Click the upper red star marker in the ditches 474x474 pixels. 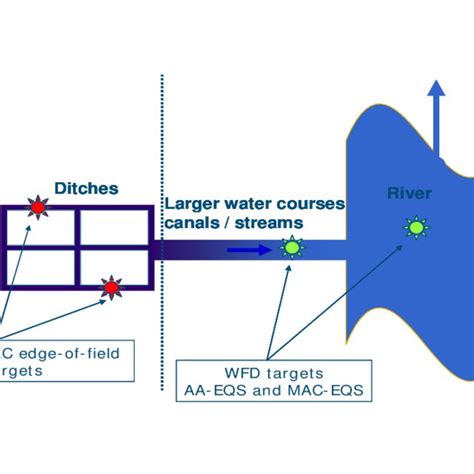(38, 208)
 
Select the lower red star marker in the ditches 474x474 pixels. (110, 288)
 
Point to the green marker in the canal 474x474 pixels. (291, 247)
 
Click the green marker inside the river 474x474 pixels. (414, 229)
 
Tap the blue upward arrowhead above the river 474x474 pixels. (437, 91)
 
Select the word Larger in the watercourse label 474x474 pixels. (193, 204)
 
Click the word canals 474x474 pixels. (190, 223)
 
